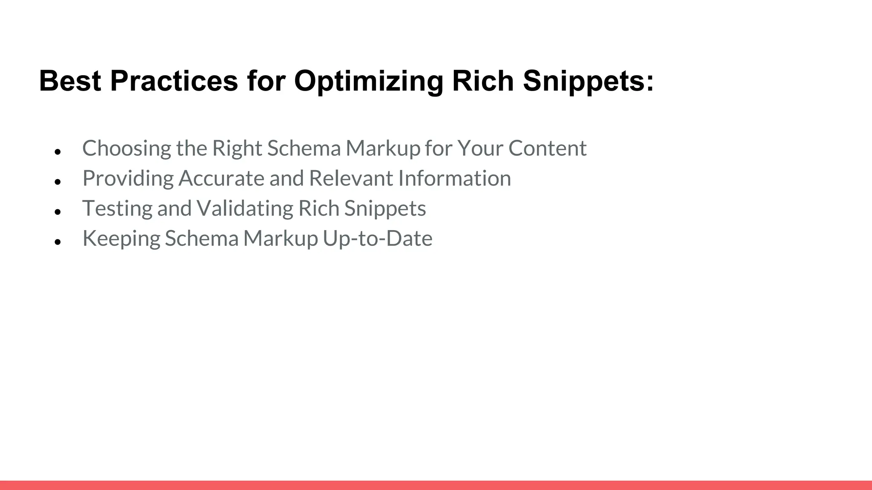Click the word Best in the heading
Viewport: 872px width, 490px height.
(70, 81)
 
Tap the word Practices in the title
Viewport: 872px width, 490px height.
(174, 81)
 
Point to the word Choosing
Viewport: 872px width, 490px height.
(126, 149)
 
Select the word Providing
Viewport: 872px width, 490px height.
(128, 179)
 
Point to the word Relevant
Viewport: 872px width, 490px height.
(351, 178)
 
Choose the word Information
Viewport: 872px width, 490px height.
(454, 178)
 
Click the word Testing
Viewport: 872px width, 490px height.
(117, 209)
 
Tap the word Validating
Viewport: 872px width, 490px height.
(245, 209)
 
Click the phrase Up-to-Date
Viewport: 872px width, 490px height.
(377, 238)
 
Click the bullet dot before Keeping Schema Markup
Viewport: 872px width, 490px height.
(58, 242)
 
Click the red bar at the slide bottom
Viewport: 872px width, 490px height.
(436, 485)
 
